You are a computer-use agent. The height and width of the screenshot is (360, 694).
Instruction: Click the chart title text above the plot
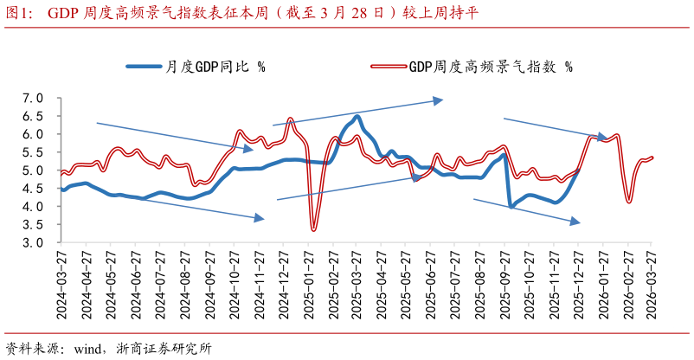tap(251, 12)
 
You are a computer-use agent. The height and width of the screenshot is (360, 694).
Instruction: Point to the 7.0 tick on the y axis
tap(33, 98)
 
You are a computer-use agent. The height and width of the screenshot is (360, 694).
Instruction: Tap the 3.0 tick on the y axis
tap(33, 243)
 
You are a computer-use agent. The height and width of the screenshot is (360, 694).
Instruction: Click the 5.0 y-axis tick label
tap(33, 170)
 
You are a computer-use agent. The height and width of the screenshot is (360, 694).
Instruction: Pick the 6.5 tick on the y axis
tap(33, 116)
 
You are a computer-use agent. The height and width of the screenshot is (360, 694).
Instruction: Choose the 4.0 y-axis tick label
tap(33, 207)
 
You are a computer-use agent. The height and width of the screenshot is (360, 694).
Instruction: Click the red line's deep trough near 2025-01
tap(313, 228)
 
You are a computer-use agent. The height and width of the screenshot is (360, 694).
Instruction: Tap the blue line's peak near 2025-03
tap(357, 116)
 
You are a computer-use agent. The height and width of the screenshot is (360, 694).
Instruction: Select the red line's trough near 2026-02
tap(629, 202)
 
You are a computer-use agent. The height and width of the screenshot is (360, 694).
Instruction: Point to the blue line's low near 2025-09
tap(511, 207)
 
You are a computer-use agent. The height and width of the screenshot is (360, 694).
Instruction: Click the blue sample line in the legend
tap(143, 66)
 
